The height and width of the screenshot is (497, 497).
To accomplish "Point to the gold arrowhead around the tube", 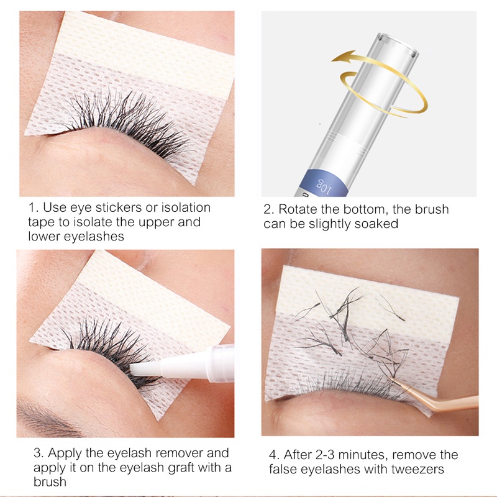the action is coord(344,58).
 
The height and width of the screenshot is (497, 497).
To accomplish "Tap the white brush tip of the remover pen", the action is coord(145,369).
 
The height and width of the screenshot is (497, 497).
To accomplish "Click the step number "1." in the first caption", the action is coord(33,208).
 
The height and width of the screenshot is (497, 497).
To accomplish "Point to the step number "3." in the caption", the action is coord(39,454).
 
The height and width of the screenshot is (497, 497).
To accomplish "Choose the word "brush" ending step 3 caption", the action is coord(50,482).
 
